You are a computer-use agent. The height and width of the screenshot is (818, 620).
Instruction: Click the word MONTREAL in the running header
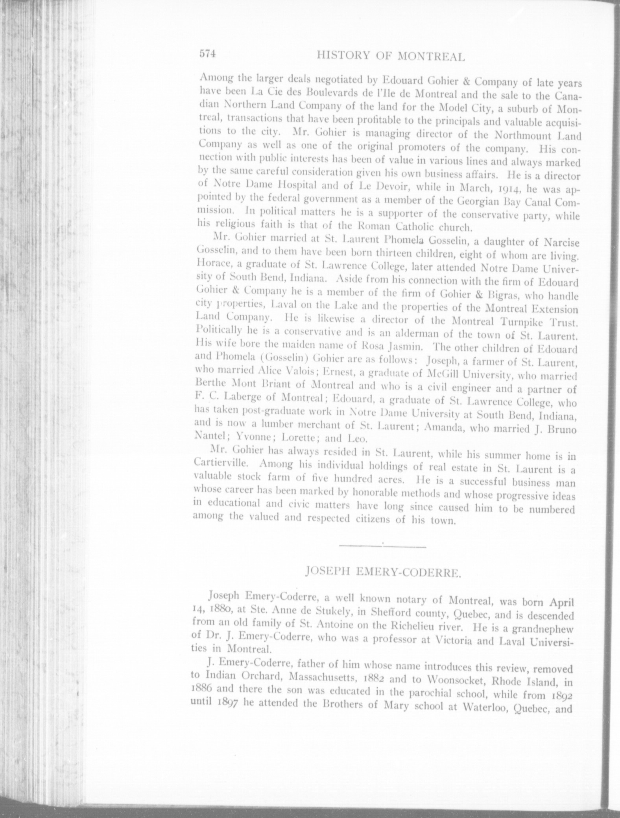432,57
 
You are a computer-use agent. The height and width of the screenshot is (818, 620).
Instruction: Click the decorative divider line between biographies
382,545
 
